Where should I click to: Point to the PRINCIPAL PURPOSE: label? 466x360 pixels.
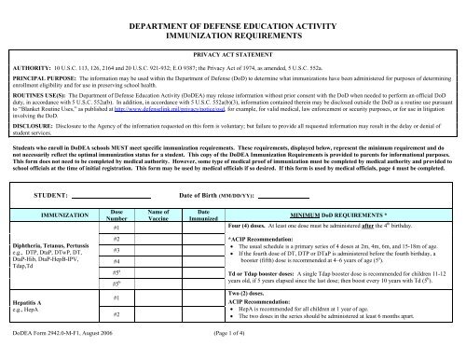(41, 81)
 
